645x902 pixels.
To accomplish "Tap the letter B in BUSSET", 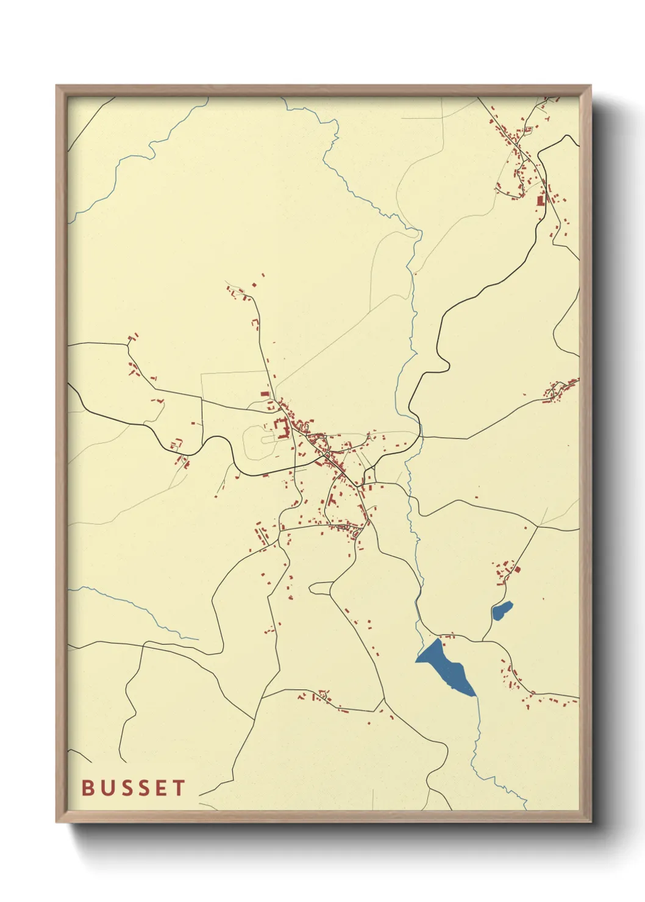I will (x=88, y=787).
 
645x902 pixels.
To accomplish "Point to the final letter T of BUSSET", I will (x=179, y=787).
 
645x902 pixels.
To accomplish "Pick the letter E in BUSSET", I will (x=161, y=787).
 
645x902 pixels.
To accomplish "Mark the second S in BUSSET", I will (x=143, y=787).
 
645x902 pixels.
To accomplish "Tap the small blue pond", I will (x=502, y=609).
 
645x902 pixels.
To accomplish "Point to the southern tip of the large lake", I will (x=473, y=695).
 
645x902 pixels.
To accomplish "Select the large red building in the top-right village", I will (x=540, y=199).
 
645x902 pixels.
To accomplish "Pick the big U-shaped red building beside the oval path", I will (x=281, y=427).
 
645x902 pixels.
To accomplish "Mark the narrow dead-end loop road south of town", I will (x=321, y=588).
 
